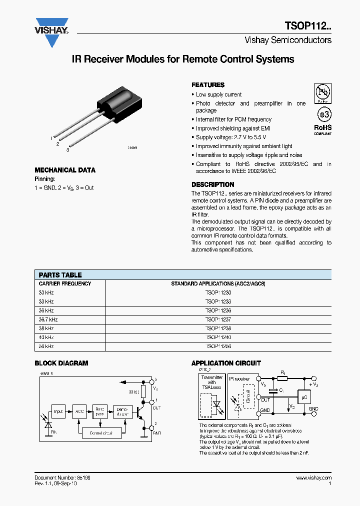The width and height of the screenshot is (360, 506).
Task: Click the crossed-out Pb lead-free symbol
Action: click(322, 93)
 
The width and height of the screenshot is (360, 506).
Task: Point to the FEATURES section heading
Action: click(208, 85)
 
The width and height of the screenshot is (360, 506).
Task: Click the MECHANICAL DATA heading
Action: click(65, 170)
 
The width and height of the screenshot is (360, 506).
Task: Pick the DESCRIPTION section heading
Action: click(212, 184)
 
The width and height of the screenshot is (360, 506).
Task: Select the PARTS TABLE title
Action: click(60, 275)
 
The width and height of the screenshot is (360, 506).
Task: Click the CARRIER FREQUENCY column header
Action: click(65, 283)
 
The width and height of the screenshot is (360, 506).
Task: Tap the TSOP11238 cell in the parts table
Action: click(218, 328)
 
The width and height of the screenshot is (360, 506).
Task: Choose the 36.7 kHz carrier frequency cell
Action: click(48, 319)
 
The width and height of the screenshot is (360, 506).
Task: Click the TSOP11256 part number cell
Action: click(218, 346)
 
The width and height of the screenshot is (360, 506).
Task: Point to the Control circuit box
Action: click(100, 433)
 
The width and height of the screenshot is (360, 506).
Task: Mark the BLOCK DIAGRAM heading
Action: click(61, 363)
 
